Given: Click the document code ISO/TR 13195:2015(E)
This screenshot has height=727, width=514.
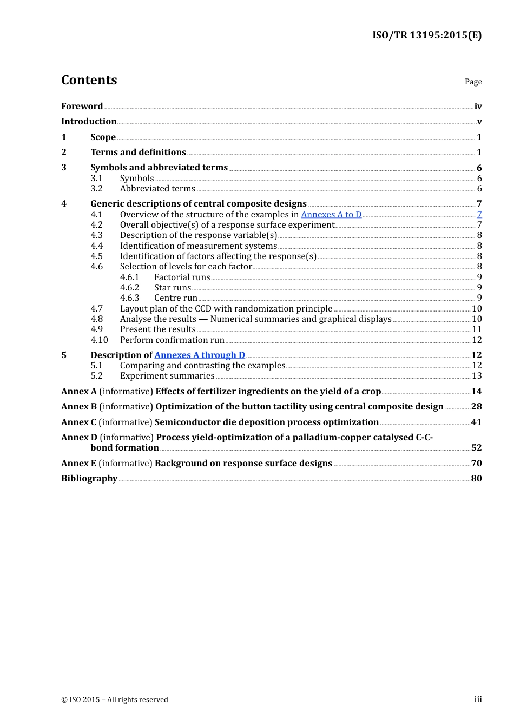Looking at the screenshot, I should click(426, 35).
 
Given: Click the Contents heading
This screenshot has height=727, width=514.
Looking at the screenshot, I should click(89, 80).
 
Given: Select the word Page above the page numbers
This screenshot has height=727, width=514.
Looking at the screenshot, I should click(473, 82).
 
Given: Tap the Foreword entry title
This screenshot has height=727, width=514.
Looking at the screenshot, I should click(82, 106).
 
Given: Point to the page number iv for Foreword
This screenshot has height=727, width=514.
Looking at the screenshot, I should click(478, 107).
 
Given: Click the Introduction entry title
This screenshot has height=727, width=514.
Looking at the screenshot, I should click(89, 122).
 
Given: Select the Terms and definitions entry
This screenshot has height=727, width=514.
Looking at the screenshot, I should click(138, 153).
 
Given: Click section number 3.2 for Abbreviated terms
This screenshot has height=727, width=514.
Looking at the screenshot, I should click(96, 189).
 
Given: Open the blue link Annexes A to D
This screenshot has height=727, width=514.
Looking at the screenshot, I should click(331, 215).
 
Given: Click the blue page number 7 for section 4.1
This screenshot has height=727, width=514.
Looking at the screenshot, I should click(479, 215).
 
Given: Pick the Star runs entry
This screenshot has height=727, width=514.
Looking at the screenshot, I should click(172, 288).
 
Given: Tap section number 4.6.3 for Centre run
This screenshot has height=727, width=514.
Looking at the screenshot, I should click(129, 298).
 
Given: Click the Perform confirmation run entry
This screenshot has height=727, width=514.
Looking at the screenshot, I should click(172, 340).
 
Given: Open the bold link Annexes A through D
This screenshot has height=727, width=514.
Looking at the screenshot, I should click(200, 355).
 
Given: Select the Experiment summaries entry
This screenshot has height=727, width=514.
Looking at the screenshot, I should click(167, 376).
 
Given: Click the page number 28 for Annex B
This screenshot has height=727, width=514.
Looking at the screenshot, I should click(476, 407).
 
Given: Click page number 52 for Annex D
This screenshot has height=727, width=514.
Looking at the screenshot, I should click(476, 448).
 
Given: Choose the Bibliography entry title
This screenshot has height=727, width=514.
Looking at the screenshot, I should click(89, 479).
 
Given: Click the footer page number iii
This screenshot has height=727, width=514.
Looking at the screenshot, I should click(478, 699).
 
